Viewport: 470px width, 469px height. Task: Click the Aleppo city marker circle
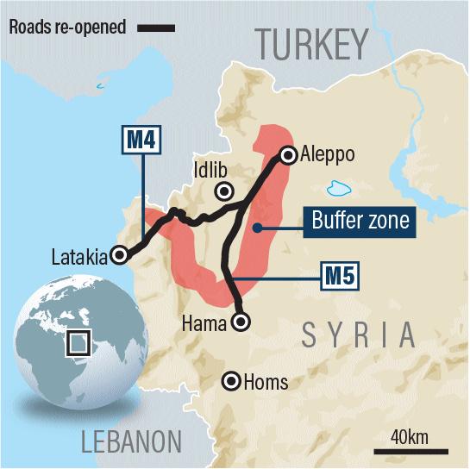click(x=287, y=155)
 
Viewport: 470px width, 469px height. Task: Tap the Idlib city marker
click(x=225, y=191)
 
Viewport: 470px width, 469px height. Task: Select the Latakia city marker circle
click(x=122, y=254)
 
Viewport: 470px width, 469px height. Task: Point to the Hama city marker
click(x=242, y=322)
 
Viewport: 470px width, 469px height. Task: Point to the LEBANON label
click(x=131, y=442)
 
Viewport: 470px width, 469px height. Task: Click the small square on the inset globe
click(x=79, y=343)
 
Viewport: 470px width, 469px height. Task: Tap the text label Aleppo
click(x=329, y=154)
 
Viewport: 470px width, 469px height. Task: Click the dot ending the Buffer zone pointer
click(x=256, y=228)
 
